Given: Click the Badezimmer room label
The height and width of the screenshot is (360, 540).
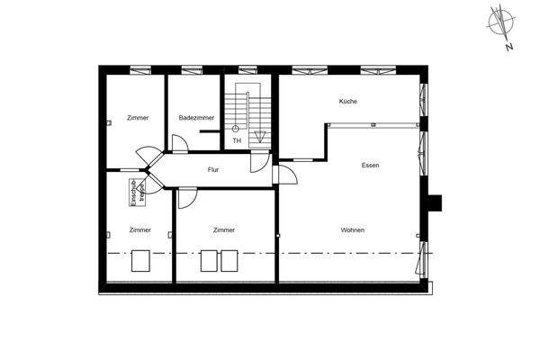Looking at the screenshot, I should pos(195,118).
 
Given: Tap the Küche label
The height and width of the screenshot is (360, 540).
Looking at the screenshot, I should pos(348,101).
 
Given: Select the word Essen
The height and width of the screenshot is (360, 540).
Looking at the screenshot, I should pos(370,166).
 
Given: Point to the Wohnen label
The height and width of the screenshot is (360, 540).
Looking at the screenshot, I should pos(353,230).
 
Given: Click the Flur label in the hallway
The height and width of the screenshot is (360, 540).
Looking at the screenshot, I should pos(213,169).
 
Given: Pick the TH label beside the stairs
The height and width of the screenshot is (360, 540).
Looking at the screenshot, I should pos(237,140).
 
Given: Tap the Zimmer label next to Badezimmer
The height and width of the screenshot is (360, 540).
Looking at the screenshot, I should pos(138,118).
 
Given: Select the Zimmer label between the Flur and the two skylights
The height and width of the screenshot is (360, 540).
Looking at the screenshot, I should pos(224,230).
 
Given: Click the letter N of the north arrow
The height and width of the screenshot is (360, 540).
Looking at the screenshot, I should pos(509,46).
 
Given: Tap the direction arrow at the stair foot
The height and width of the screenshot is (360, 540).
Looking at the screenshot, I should pos(259,137).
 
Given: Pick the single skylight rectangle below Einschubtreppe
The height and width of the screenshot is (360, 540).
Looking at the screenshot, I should pos(141,260).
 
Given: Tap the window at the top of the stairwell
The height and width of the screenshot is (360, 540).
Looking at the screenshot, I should pos(247,70).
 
